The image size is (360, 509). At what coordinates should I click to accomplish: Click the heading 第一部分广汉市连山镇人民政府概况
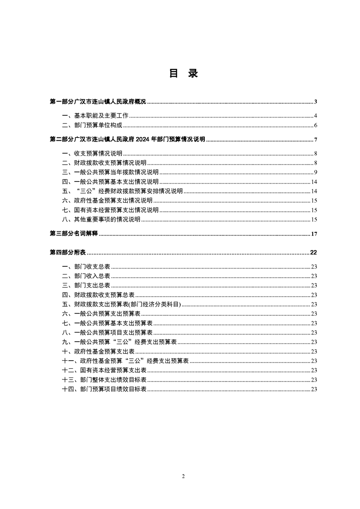pyautogui.click(x=98, y=102)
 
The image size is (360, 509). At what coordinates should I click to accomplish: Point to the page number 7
pyautogui.click(x=315, y=140)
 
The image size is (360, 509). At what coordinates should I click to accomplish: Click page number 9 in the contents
pyautogui.click(x=315, y=172)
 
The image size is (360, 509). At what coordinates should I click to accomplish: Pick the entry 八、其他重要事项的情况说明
pyautogui.click(x=101, y=220)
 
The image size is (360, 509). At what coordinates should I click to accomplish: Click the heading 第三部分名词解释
pyautogui.click(x=74, y=234)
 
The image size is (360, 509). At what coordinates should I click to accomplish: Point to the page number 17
pyautogui.click(x=313, y=234)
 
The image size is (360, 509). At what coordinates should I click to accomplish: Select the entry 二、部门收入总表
pyautogui.click(x=86, y=276)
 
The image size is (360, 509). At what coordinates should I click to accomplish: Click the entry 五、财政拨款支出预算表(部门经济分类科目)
pyautogui.click(x=121, y=304)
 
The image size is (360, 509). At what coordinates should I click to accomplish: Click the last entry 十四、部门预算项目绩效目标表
pyautogui.click(x=104, y=389)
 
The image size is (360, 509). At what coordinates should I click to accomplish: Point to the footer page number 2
pyautogui.click(x=183, y=476)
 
